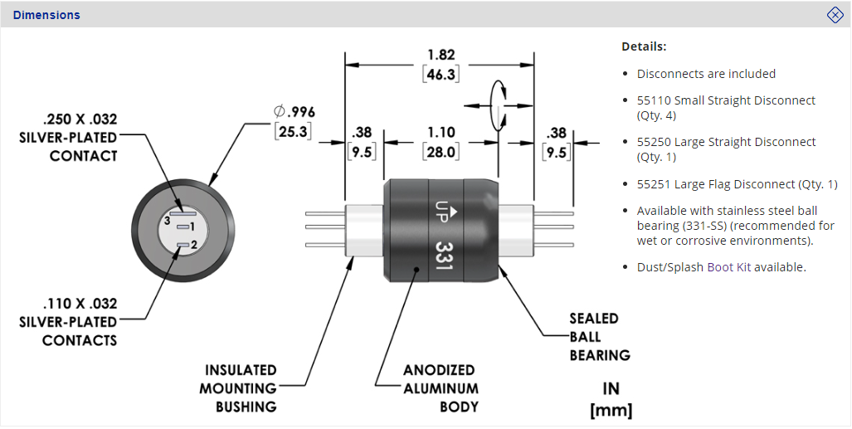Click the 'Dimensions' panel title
(x=46, y=15)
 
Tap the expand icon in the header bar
(x=835, y=15)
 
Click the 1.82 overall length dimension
(x=441, y=55)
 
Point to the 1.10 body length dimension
(x=441, y=133)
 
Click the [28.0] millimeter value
(x=441, y=152)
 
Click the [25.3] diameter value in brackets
(x=295, y=131)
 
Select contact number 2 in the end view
(x=192, y=245)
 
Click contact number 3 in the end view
(x=168, y=222)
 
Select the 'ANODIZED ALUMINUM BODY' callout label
(x=441, y=388)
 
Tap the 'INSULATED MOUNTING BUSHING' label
(x=241, y=388)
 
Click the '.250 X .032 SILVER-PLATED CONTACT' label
(x=68, y=137)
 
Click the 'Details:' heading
(x=644, y=46)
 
